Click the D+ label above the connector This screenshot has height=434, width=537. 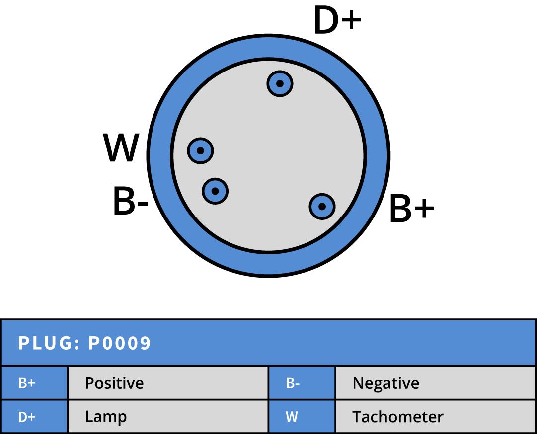point(337,21)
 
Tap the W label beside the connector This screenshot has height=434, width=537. point(121,148)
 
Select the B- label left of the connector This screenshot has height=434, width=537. point(131,201)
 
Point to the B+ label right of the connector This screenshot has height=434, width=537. point(411,209)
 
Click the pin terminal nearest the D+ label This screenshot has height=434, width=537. point(280,83)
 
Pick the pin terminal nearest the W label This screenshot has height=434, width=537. point(200,150)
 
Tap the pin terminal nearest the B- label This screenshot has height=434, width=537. point(215,191)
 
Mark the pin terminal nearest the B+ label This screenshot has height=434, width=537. point(322,206)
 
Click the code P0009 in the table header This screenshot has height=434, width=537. point(119,343)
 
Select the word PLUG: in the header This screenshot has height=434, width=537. point(49,343)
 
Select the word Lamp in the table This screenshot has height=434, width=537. point(106,417)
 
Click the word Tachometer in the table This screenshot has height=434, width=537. point(397,417)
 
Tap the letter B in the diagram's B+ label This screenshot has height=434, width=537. point(399,209)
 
